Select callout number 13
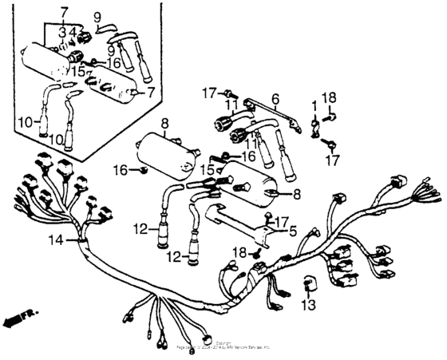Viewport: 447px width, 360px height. (309, 304)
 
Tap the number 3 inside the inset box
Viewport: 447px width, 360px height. (62, 33)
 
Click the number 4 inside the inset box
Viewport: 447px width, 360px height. (73, 33)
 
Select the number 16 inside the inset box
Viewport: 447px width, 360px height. (114, 61)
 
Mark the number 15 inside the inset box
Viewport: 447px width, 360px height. (77, 71)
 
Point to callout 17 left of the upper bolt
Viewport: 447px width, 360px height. (210, 93)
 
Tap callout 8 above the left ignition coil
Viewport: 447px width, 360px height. (165, 124)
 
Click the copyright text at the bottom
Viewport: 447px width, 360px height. (223, 346)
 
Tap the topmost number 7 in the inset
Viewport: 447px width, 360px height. (64, 14)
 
